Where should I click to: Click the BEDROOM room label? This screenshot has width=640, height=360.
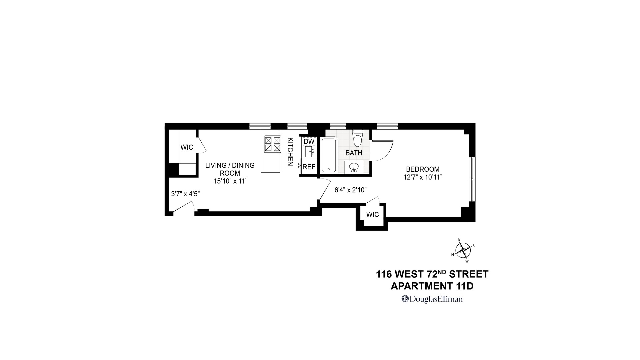(422, 169)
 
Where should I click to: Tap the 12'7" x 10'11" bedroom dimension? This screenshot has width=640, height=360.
(423, 177)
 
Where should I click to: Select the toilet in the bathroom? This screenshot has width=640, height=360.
(357, 139)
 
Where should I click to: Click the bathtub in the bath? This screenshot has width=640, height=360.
(329, 155)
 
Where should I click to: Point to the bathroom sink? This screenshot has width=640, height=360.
(353, 167)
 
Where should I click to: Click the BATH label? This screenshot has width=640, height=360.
(354, 153)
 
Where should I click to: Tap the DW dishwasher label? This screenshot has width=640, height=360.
(309, 142)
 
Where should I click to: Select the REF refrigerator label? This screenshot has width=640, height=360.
(309, 167)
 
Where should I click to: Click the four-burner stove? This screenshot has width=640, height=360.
(272, 144)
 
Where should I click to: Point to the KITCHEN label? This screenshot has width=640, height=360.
(290, 152)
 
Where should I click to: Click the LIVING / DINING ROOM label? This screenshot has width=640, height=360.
(230, 169)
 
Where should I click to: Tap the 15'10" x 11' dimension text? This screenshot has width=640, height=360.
(230, 181)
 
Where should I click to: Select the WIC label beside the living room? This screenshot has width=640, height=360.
(187, 147)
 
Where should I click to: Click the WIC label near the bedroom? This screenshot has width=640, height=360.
(372, 215)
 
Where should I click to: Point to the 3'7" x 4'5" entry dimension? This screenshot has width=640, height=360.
(185, 194)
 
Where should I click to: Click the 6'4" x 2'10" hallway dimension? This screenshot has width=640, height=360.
(351, 190)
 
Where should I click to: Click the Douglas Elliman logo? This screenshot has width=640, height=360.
(432, 299)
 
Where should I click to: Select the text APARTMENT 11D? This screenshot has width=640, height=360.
(432, 286)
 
